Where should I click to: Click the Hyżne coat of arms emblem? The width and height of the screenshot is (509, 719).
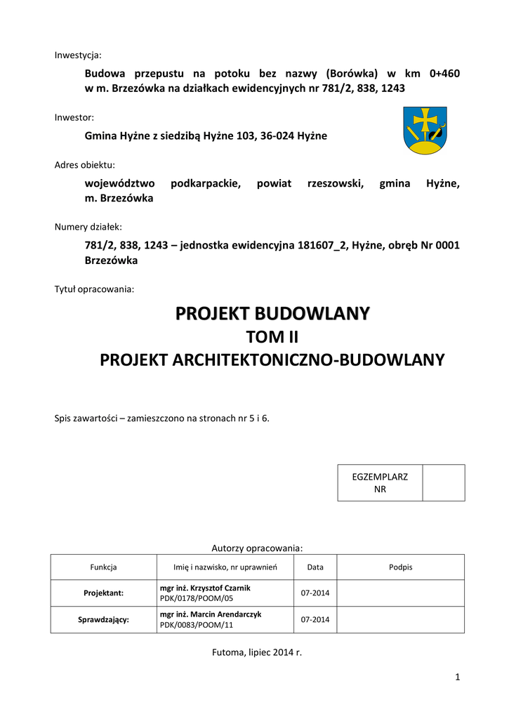(425, 131)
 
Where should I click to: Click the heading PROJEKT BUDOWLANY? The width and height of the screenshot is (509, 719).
(272, 313)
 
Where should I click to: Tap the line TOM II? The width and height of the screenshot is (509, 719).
(272, 337)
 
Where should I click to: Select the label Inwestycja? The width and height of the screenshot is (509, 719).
(78, 55)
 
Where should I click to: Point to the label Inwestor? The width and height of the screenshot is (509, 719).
(74, 117)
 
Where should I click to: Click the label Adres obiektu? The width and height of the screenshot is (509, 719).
(84, 165)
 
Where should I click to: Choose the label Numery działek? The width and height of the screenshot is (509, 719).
(88, 227)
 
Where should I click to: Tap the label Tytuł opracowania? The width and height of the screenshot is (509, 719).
(94, 289)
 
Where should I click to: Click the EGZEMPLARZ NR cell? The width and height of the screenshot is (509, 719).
(380, 482)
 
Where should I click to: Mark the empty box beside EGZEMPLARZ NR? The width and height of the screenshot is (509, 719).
(444, 482)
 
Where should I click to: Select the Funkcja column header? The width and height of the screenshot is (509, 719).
(103, 567)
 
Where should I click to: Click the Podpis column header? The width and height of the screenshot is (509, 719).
(401, 567)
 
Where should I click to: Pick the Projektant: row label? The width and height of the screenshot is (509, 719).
(103, 593)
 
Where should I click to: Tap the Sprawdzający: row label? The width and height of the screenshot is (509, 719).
(103, 619)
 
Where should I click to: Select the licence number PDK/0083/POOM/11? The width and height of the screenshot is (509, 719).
(196, 624)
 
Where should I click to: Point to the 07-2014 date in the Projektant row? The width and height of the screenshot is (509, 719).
(315, 593)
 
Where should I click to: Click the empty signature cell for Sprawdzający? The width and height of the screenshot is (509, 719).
(401, 619)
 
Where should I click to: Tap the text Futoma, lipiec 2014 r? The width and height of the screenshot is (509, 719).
(256, 652)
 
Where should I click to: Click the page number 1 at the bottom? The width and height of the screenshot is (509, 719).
(457, 677)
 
